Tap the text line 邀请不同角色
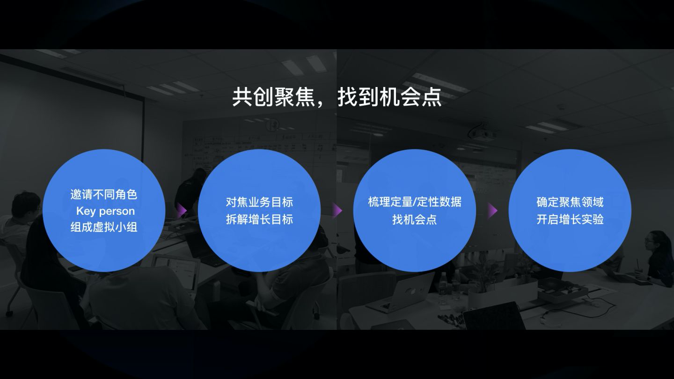tap(104, 195)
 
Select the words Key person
tap(105, 211)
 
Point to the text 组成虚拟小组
tap(104, 227)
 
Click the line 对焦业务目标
tap(259, 203)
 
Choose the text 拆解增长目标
tap(259, 219)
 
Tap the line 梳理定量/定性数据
tap(414, 203)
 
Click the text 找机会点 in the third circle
tap(414, 219)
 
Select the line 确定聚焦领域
tap(570, 203)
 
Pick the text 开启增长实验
tap(570, 219)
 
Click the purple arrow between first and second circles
tap(182, 210)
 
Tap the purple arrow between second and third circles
tap(337, 211)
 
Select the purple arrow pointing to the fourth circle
tap(492, 211)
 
